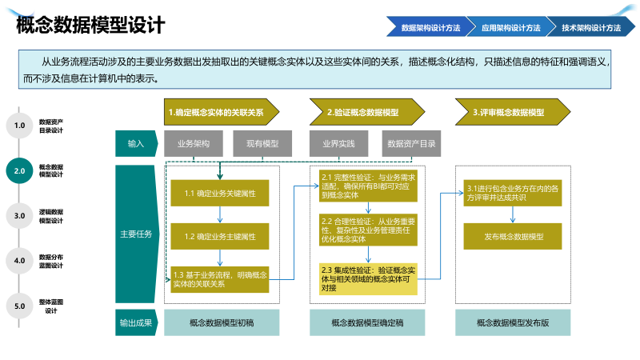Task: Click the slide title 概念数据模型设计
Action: pyautogui.click(x=90, y=26)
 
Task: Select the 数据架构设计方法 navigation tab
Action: pyautogui.click(x=430, y=27)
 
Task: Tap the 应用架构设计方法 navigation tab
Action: pyautogui.click(x=510, y=27)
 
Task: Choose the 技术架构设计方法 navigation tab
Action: pyautogui.click(x=590, y=27)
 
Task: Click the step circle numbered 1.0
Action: pyautogui.click(x=20, y=126)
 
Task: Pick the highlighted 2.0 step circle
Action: pyautogui.click(x=20, y=170)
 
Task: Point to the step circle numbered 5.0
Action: pyautogui.click(x=20, y=306)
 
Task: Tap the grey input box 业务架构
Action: pyautogui.click(x=194, y=144)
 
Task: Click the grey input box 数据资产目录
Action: pyautogui.click(x=411, y=144)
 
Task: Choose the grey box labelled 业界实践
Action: pyautogui.click(x=339, y=144)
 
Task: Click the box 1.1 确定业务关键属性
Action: pyautogui.click(x=220, y=194)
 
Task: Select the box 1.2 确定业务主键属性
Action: pyautogui.click(x=220, y=237)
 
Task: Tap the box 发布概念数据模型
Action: pyautogui.click(x=513, y=237)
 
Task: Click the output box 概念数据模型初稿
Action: pyautogui.click(x=221, y=323)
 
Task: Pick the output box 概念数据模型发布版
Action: pyautogui.click(x=513, y=323)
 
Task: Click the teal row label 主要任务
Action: pyautogui.click(x=136, y=234)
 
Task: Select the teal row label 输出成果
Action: pyautogui.click(x=136, y=323)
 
